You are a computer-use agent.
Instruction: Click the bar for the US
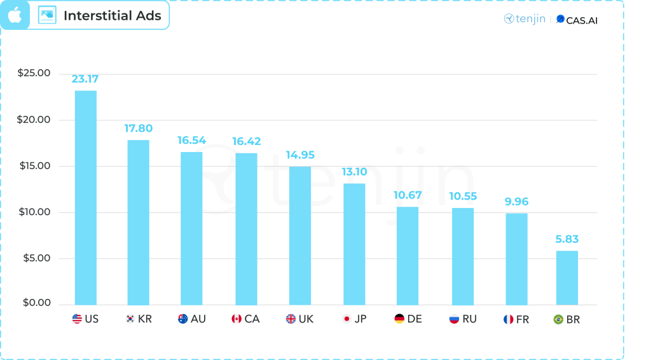click(x=86, y=198)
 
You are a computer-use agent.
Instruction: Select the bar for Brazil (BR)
click(x=567, y=278)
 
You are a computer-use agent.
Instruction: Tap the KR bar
click(x=139, y=222)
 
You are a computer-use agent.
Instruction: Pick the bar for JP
click(x=354, y=244)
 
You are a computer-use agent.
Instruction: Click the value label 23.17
click(x=85, y=80)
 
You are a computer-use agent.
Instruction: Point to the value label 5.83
click(x=566, y=239)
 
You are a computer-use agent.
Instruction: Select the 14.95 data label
click(x=300, y=155)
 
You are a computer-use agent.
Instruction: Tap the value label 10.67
click(x=408, y=195)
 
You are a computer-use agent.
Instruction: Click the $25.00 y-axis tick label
click(x=34, y=73)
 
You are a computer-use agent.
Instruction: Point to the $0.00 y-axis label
click(x=36, y=303)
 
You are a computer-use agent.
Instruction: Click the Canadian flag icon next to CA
click(x=236, y=319)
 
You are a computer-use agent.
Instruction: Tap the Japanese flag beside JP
click(x=347, y=319)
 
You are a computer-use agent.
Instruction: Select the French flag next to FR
click(x=509, y=319)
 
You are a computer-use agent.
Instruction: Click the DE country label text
click(x=415, y=319)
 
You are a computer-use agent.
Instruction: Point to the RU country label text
click(x=469, y=319)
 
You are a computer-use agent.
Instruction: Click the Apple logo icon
click(x=15, y=15)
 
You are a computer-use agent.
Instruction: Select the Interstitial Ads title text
click(x=113, y=16)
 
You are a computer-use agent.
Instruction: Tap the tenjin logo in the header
click(x=525, y=19)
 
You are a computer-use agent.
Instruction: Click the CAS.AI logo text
click(x=577, y=20)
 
